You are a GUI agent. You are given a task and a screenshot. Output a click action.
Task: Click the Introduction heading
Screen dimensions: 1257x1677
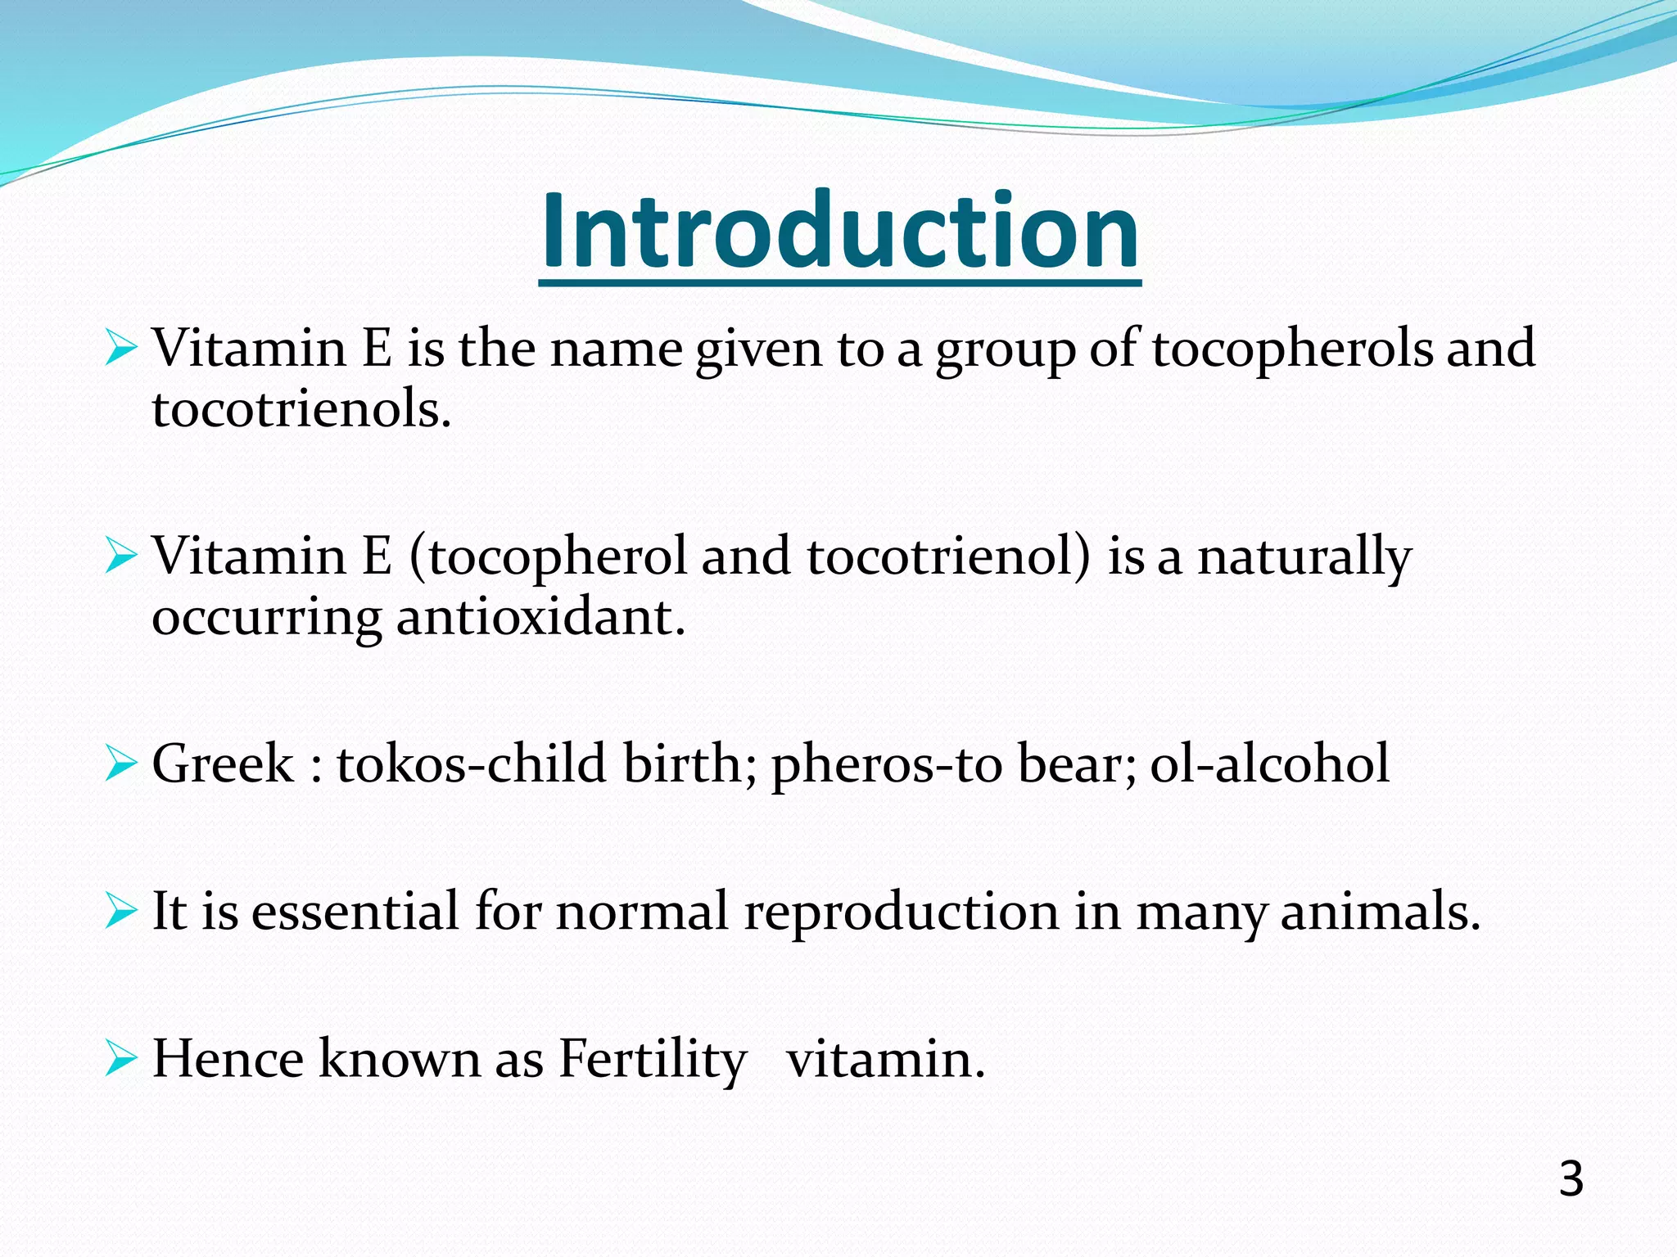839,231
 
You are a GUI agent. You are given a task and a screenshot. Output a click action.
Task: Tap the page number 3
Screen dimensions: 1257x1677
1571,1179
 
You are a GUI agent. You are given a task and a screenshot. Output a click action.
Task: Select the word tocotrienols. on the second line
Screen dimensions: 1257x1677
301,409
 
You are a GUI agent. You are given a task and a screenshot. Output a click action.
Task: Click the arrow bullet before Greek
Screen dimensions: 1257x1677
120,764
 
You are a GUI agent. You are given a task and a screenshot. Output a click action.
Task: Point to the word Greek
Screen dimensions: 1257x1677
223,764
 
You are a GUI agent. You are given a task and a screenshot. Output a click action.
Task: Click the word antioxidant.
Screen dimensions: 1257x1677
540,618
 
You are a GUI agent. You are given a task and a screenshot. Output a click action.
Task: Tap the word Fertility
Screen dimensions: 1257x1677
652,1060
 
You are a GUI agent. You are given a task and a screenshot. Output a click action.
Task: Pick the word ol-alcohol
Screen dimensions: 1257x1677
1269,764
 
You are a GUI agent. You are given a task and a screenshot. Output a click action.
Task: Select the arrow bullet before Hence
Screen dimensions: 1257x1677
120,1060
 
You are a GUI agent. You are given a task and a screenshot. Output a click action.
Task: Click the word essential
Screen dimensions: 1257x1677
355,912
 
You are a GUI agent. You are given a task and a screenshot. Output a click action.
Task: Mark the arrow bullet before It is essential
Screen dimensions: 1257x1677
120,912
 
